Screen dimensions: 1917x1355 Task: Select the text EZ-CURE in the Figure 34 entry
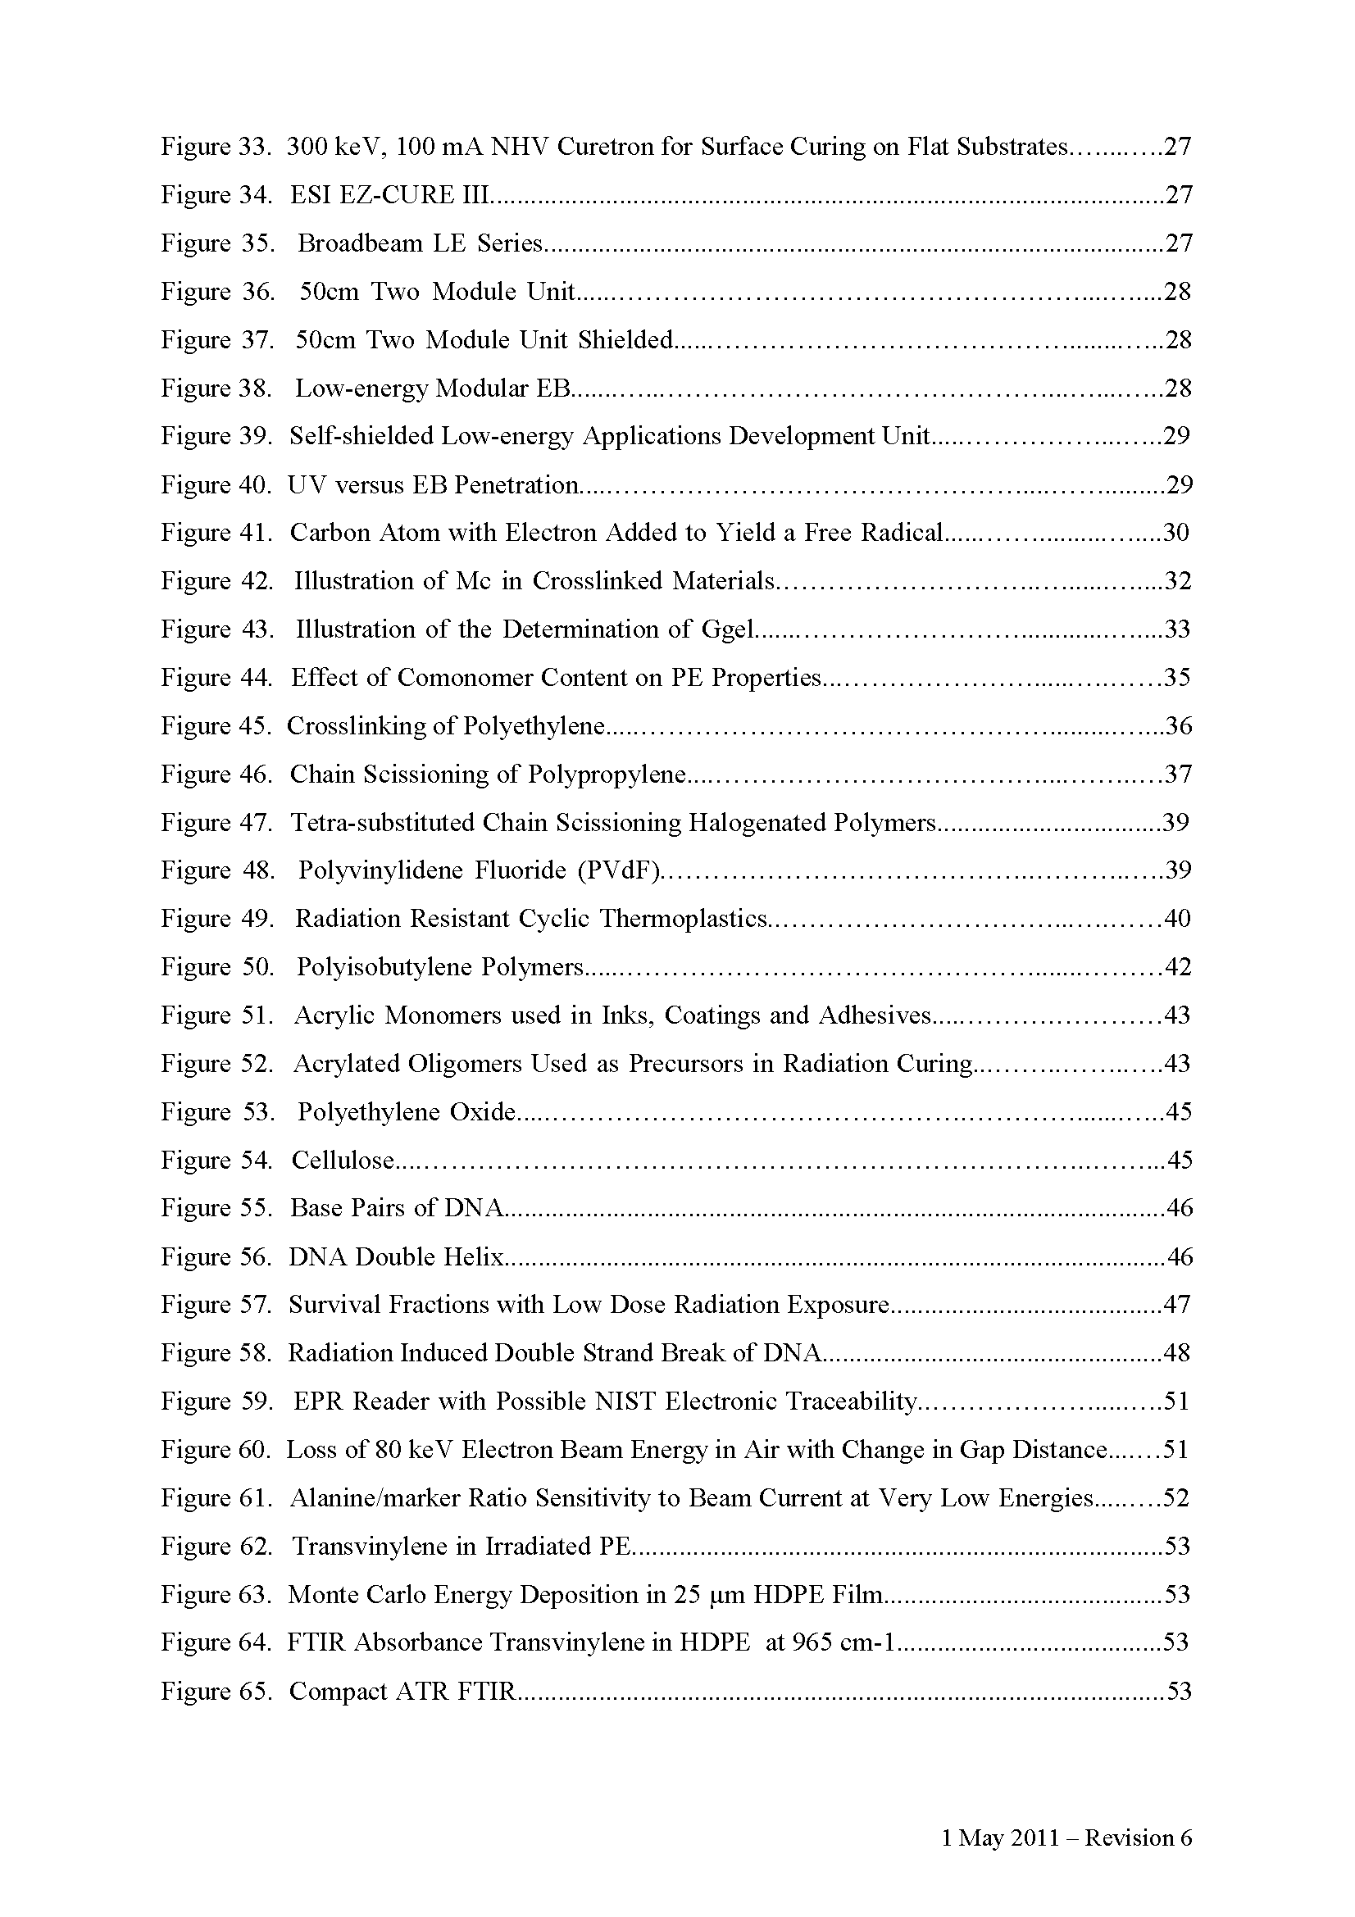pyautogui.click(x=393, y=195)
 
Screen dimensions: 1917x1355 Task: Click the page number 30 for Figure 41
pyautogui.click(x=1175, y=533)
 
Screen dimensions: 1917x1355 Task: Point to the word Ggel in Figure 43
pyautogui.click(x=728, y=629)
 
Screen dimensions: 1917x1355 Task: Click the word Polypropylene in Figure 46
pyautogui.click(x=606, y=775)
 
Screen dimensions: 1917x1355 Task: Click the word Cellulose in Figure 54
pyautogui.click(x=343, y=1161)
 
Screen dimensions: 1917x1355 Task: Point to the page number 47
pyautogui.click(x=1176, y=1305)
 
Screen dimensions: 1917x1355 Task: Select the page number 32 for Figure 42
pyautogui.click(x=1177, y=581)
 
